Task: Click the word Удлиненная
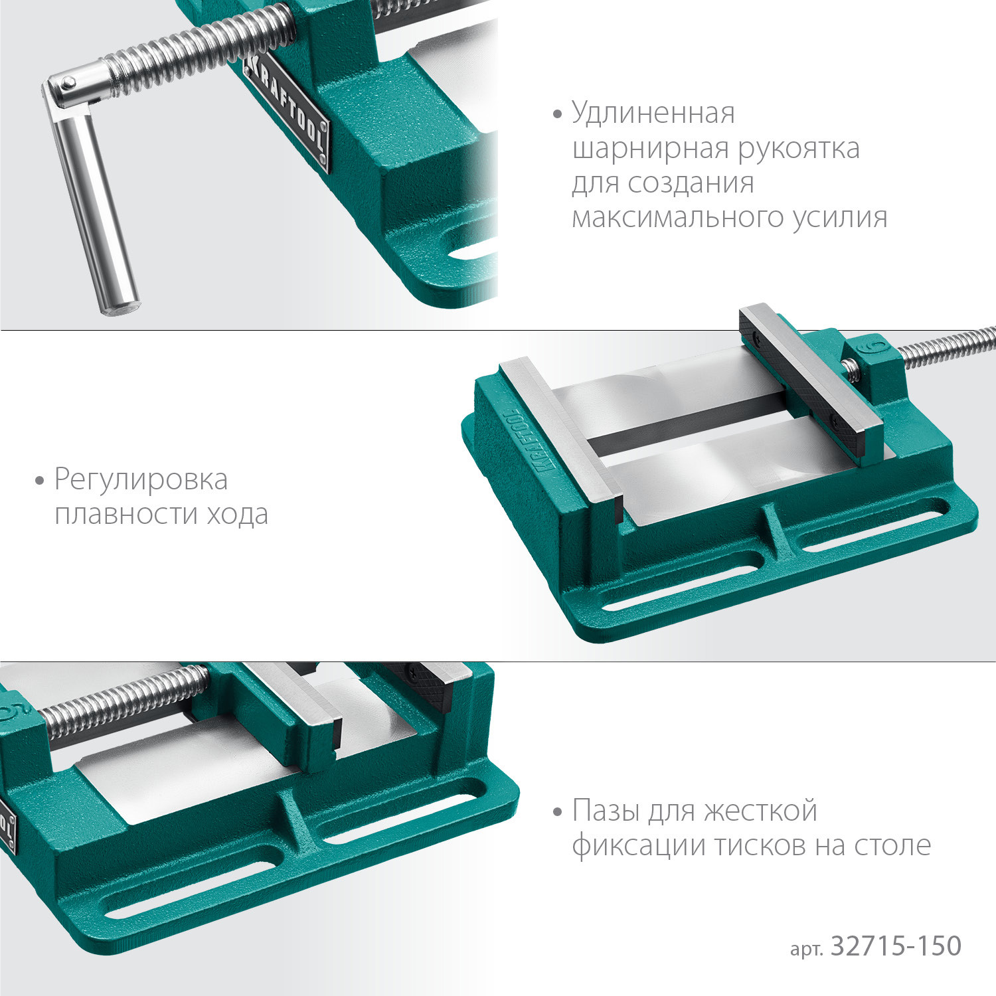[653, 114]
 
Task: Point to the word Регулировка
[141, 480]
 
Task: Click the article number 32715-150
[896, 946]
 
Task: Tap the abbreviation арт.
[806, 949]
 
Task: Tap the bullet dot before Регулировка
[40, 480]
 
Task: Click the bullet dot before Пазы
[558, 811]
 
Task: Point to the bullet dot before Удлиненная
[558, 114]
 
